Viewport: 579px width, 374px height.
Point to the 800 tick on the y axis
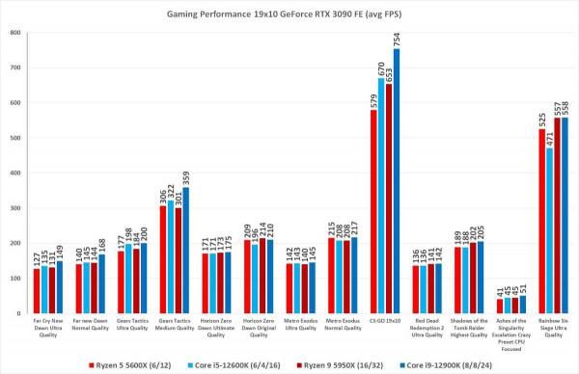point(15,34)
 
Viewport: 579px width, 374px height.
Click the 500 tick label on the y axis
point(15,139)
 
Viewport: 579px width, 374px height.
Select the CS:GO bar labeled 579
point(373,212)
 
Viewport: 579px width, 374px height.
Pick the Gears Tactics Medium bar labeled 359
point(185,251)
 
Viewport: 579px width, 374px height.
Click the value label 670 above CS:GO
point(381,69)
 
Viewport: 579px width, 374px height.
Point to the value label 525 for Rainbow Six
point(542,120)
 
